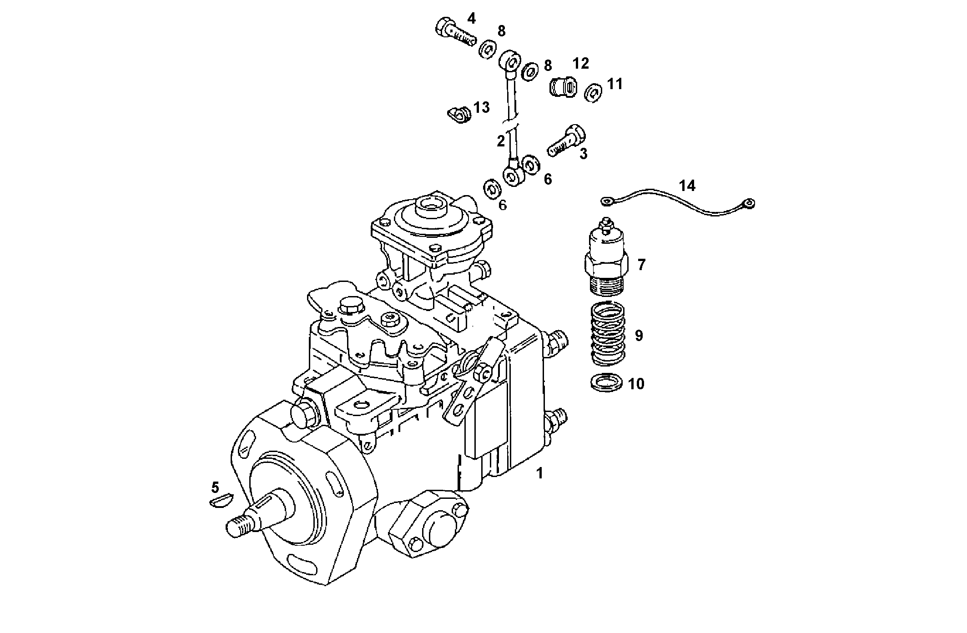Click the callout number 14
coord(687,186)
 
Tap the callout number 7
coord(641,264)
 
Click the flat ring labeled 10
coord(606,382)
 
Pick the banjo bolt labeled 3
coord(567,141)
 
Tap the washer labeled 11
coord(593,93)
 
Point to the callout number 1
coord(539,473)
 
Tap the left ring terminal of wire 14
coord(606,201)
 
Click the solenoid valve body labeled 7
coord(606,255)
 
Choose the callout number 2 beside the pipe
coord(501,141)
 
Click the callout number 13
coord(481,108)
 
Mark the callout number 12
coord(580,63)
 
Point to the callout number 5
coord(215,487)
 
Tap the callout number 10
coord(636,384)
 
